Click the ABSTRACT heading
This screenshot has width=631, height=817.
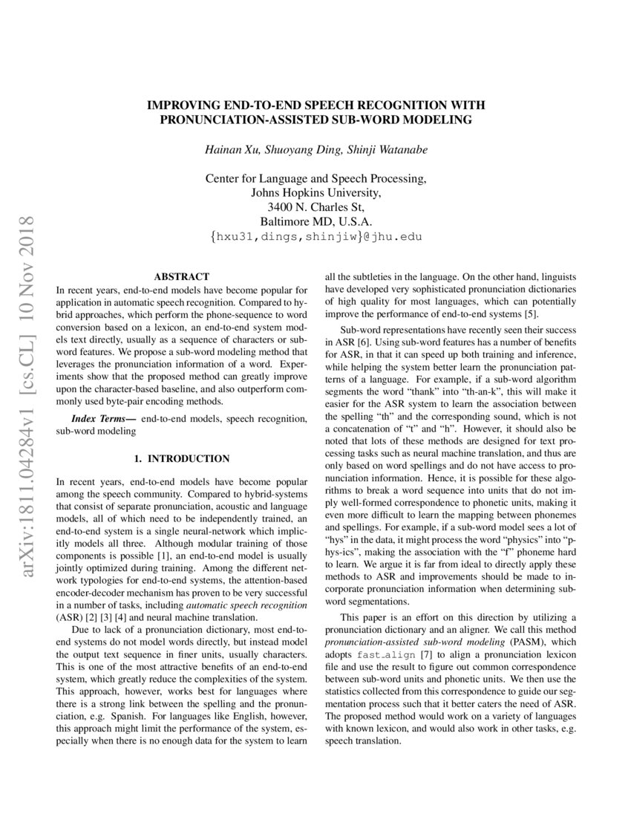click(x=181, y=276)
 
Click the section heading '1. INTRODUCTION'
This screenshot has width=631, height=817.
click(x=181, y=458)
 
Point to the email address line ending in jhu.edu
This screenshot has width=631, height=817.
click(x=315, y=237)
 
